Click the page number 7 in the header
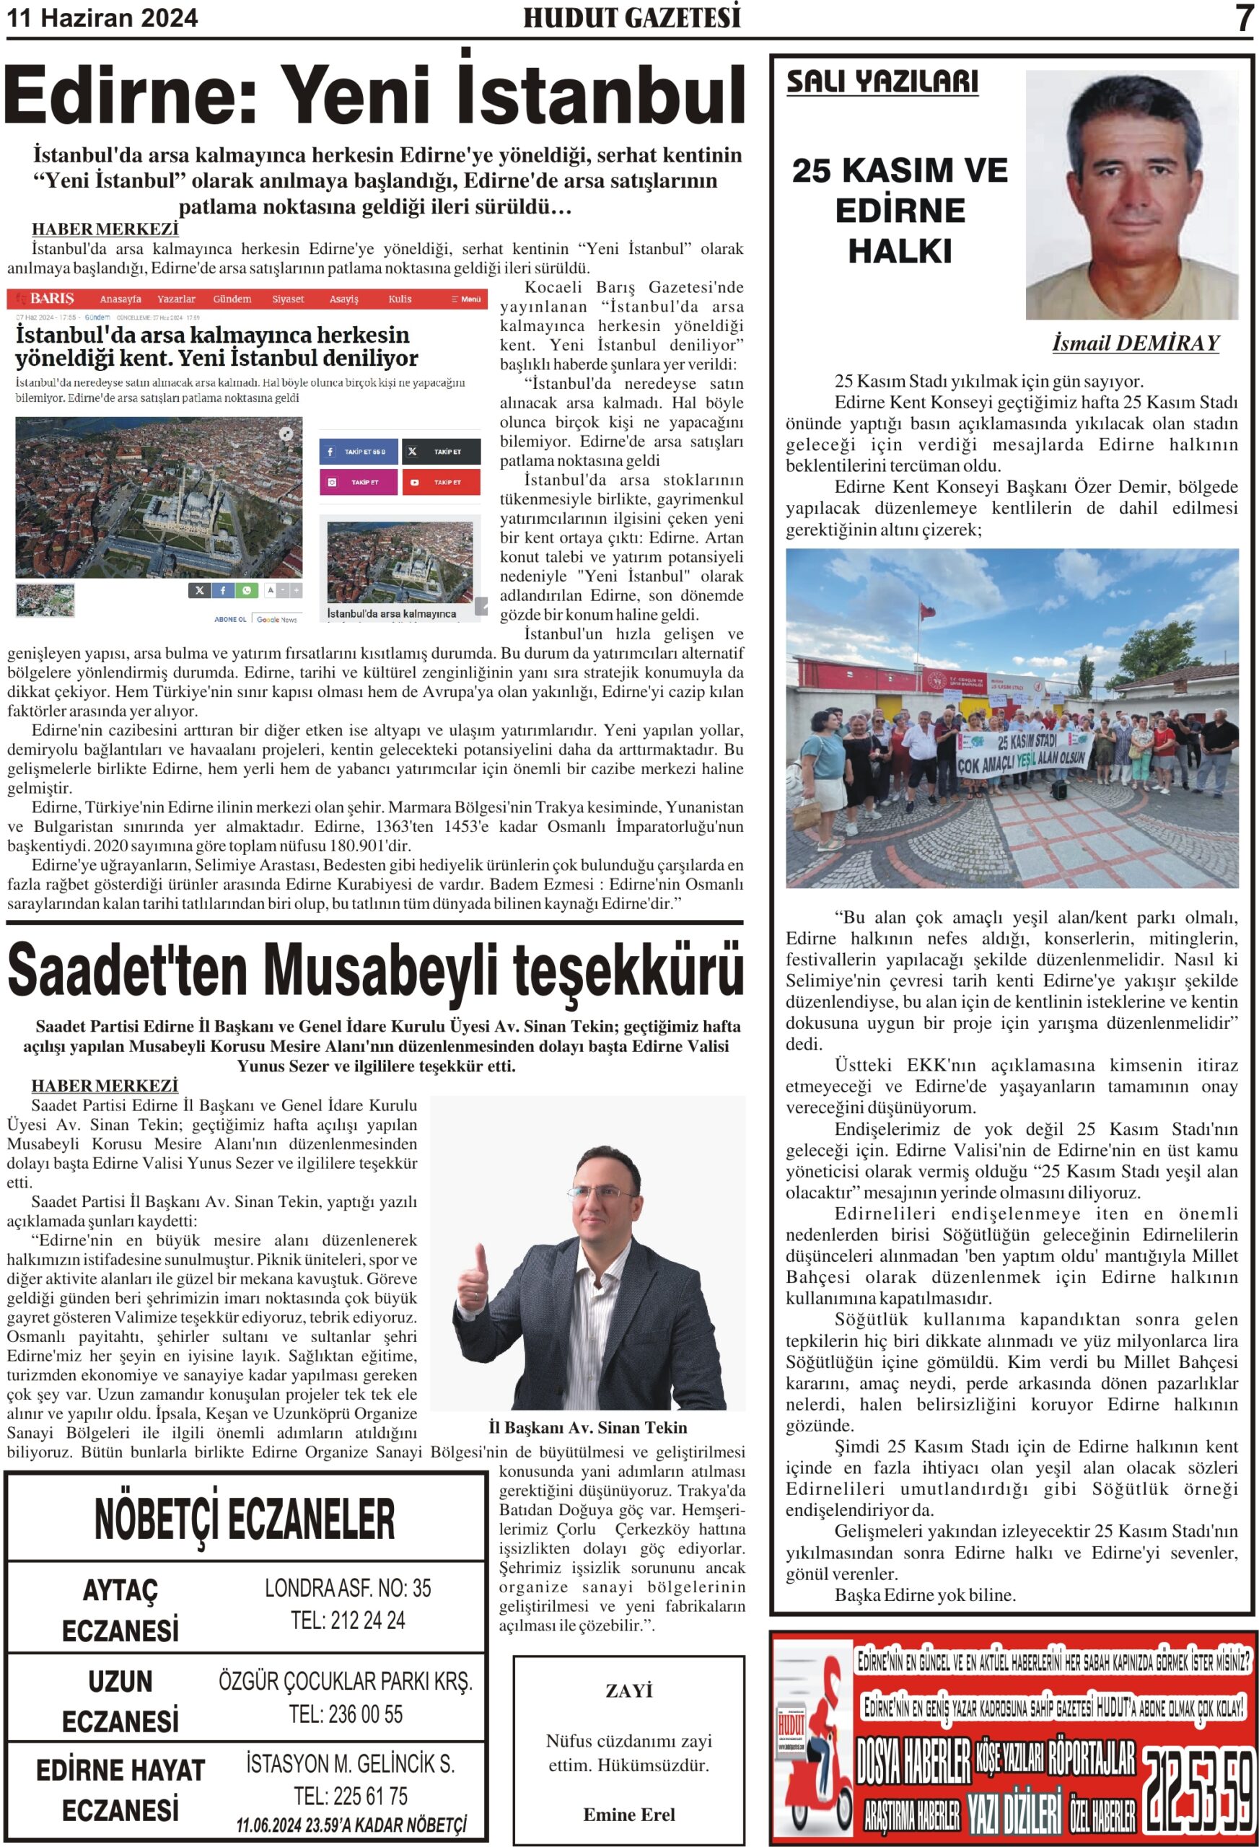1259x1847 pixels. pos(1243,18)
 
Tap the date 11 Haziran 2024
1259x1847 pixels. pos(102,18)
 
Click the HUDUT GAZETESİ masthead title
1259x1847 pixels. pos(631,17)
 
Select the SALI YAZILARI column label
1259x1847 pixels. pos(882,82)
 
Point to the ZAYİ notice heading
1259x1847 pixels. pos(628,1690)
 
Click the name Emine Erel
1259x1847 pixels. pos(628,1815)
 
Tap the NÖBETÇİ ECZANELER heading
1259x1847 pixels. pos(244,1519)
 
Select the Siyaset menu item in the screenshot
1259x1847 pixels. pos(288,299)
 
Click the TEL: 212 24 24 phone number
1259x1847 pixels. pos(347,1621)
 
